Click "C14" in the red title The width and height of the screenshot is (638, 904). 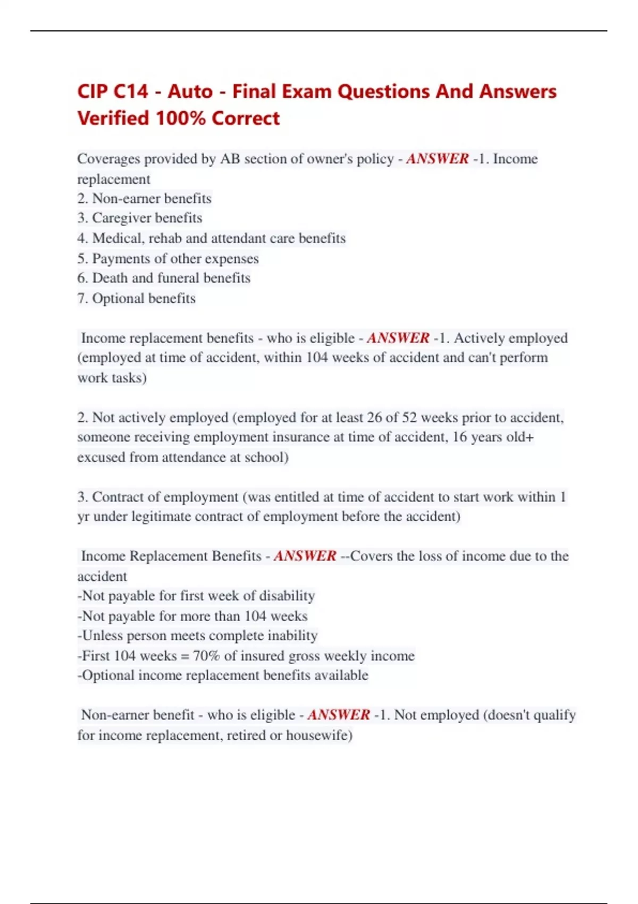[131, 91]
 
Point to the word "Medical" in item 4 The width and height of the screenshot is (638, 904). [116, 238]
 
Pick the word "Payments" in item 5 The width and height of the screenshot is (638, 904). [120, 258]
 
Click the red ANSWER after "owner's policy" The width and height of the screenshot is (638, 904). [437, 159]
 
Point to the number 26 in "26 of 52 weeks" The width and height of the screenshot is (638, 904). [374, 417]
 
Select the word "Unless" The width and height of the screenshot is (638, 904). [99, 635]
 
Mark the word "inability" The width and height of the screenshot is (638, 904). [292, 635]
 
